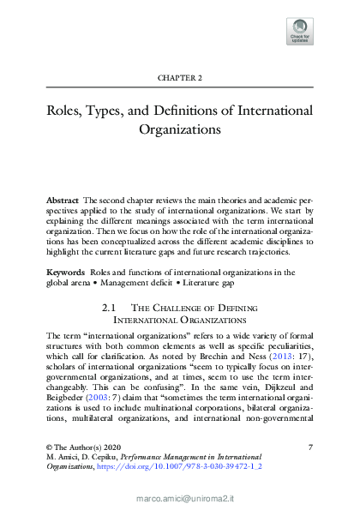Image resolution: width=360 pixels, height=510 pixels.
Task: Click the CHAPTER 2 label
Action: (180, 78)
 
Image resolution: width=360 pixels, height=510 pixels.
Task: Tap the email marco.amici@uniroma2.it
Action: (180, 496)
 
